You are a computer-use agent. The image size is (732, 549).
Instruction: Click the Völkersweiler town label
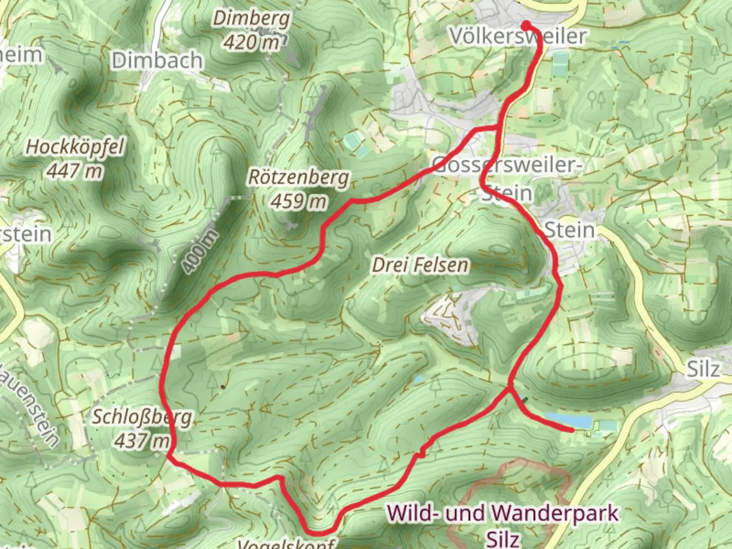pos(517,37)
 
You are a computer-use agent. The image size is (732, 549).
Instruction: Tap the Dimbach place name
pos(157,61)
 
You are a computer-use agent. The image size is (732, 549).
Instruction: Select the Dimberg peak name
pos(252,19)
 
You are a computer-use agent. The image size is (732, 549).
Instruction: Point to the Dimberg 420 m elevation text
pos(252,42)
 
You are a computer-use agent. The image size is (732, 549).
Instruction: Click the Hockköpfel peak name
pos(75,147)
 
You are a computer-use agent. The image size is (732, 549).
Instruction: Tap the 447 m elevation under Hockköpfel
pos(75,171)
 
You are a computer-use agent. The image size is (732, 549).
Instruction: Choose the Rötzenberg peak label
pos(299,178)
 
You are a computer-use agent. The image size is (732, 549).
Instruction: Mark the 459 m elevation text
pos(299,201)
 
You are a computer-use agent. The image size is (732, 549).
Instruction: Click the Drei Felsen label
pos(420,265)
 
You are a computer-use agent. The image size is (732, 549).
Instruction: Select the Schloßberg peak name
pos(142,418)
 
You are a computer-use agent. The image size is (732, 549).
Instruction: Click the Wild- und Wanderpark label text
pos(503,513)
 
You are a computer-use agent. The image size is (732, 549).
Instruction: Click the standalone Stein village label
pos(569,230)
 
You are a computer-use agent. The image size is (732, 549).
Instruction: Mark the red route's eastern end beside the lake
pos(572,431)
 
